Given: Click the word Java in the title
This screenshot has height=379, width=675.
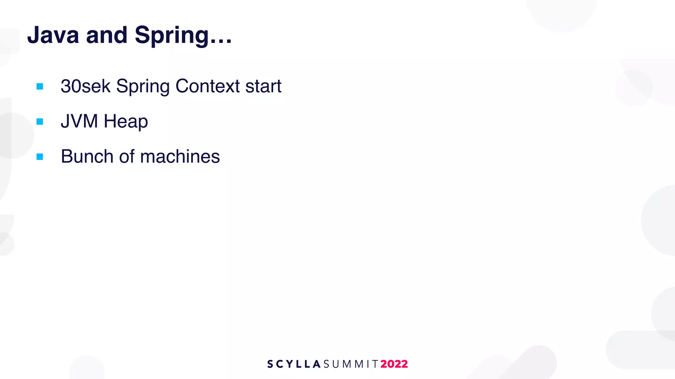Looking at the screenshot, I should [53, 35].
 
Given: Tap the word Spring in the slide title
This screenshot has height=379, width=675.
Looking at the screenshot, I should [172, 36].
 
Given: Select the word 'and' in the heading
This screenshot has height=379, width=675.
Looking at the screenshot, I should [106, 35].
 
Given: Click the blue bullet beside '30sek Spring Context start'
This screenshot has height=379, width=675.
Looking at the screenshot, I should [40, 87].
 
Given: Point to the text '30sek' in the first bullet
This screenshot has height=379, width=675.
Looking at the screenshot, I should [85, 86].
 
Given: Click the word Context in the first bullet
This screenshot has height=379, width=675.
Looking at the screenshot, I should [208, 86].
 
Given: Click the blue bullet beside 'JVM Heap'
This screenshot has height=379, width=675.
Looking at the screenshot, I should [40, 122].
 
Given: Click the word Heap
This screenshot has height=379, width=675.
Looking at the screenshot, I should [126, 122].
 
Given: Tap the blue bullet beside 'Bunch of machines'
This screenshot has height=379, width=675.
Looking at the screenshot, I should [40, 157].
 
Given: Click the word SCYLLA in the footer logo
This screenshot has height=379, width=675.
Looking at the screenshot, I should [294, 364].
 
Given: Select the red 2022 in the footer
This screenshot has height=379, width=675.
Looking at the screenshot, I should [394, 364].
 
